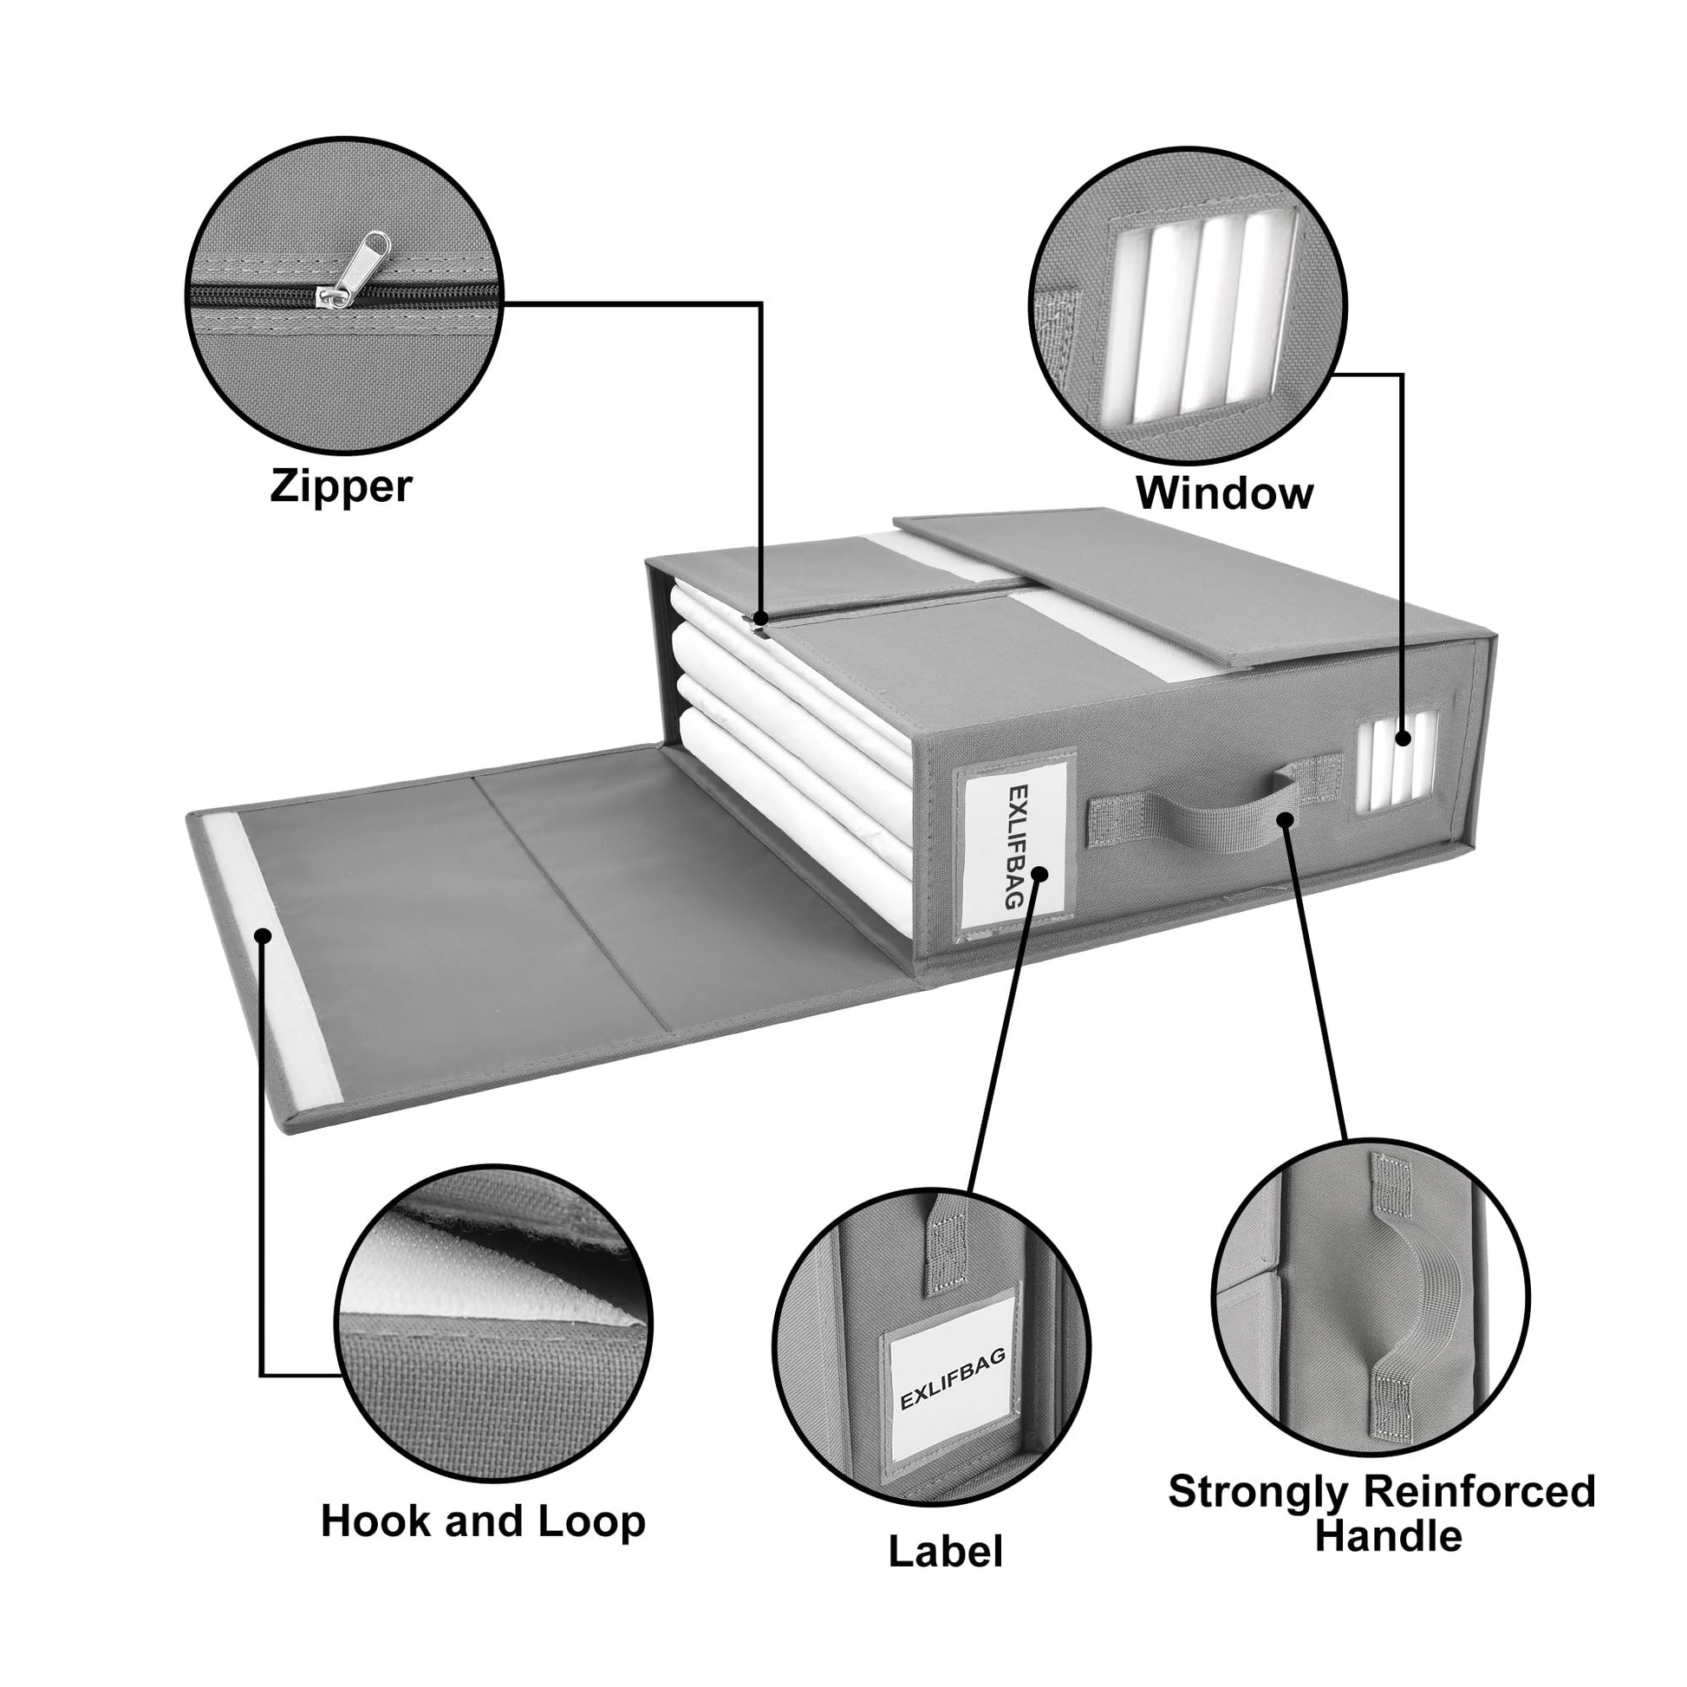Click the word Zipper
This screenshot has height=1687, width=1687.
pyautogui.click(x=341, y=486)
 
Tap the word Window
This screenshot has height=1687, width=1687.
pyautogui.click(x=1224, y=493)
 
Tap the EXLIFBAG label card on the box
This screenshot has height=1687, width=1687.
pyautogui.click(x=1015, y=844)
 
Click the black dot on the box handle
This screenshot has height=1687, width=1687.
pyautogui.click(x=1284, y=819)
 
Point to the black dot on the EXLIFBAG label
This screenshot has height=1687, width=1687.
pyautogui.click(x=1039, y=873)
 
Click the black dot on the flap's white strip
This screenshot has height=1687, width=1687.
pyautogui.click(x=262, y=936)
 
